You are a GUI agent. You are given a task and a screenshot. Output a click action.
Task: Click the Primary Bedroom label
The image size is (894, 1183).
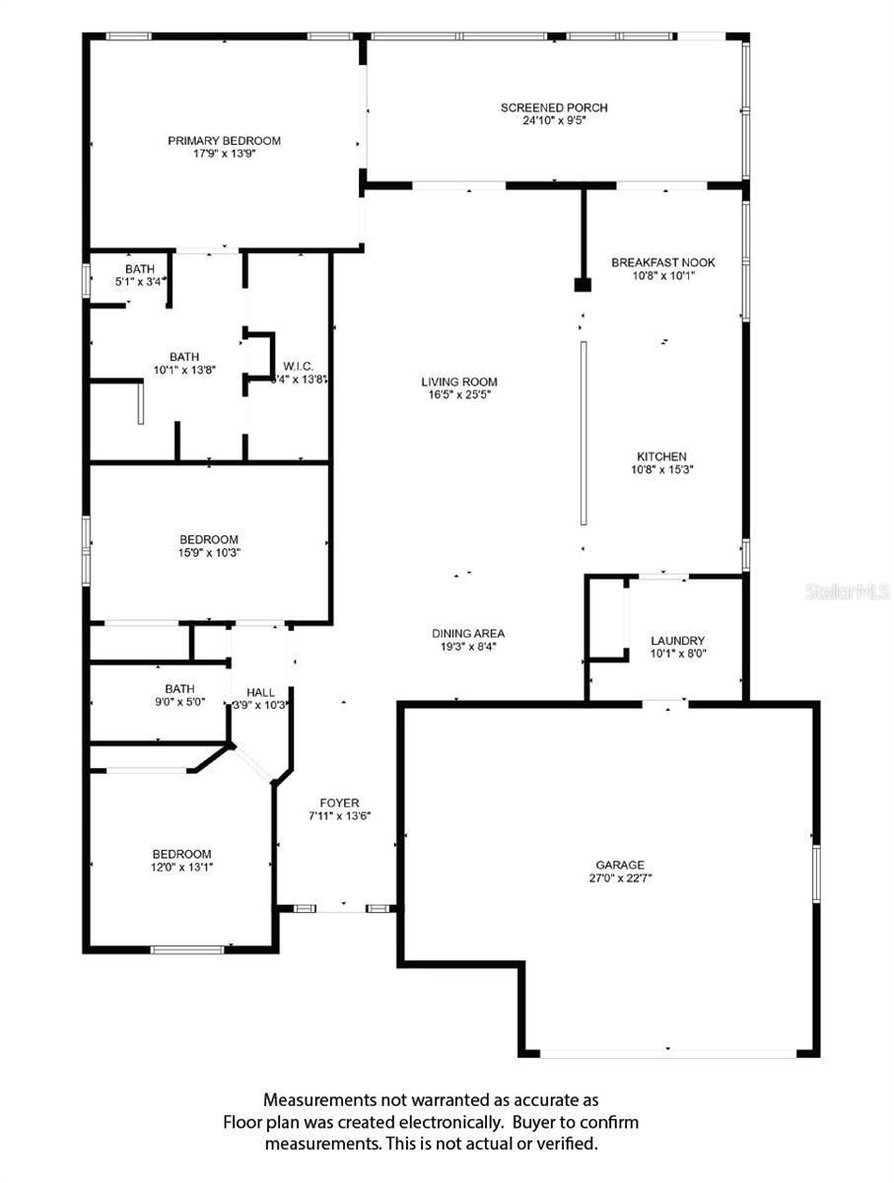click(x=224, y=140)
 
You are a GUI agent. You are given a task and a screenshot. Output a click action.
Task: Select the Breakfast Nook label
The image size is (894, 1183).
click(x=662, y=262)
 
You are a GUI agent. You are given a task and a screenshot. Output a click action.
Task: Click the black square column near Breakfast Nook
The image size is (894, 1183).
click(x=583, y=284)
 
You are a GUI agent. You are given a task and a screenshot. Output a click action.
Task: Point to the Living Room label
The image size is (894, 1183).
click(x=459, y=382)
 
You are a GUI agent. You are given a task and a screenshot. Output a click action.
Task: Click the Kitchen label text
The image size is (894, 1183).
click(x=661, y=456)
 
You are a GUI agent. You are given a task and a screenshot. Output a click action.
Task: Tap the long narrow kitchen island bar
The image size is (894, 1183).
click(x=584, y=433)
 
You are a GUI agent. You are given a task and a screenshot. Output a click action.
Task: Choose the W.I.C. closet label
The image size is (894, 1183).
click(x=298, y=366)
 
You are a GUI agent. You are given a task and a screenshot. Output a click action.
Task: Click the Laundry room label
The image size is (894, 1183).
click(x=677, y=640)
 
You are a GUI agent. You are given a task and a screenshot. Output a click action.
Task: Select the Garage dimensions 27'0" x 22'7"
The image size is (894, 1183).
click(x=619, y=877)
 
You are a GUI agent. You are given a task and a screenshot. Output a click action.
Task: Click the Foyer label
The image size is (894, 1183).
click(x=340, y=802)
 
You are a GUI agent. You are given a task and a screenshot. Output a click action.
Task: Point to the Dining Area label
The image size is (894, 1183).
click(x=468, y=633)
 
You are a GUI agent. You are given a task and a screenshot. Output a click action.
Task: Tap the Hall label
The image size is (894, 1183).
click(x=261, y=692)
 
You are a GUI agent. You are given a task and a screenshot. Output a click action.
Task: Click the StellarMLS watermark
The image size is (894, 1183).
click(x=848, y=591)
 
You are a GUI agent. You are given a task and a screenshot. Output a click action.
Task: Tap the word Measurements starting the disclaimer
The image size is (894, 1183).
click(x=318, y=1099)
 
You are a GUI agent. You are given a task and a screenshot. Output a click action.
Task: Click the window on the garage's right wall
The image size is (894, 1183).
click(x=815, y=872)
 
